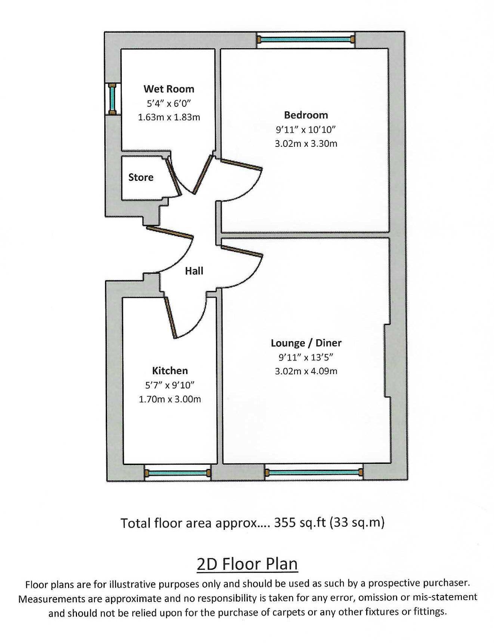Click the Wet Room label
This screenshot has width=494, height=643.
point(169,89)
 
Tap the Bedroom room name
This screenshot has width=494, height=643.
point(306,115)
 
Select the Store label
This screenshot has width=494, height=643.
point(141,177)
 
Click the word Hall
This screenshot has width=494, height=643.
point(194,271)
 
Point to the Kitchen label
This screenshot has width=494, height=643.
point(170,371)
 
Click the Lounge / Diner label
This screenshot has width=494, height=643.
point(306,343)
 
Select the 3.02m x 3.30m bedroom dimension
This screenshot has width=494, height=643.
point(306,143)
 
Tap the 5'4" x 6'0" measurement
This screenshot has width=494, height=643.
point(169,103)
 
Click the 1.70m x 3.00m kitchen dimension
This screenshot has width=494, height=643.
point(170,399)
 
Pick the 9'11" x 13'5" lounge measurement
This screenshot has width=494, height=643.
point(306,357)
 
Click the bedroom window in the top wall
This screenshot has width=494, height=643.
point(306,39)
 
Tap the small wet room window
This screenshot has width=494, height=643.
point(112,99)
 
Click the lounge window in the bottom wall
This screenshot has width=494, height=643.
point(314,473)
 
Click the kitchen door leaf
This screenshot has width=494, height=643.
point(170,316)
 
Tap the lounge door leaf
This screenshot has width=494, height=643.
point(242,251)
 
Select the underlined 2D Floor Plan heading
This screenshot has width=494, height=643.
point(247,564)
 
